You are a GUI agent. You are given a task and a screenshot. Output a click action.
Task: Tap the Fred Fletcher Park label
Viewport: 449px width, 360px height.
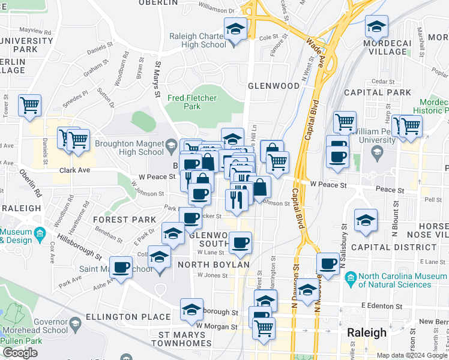[191, 102]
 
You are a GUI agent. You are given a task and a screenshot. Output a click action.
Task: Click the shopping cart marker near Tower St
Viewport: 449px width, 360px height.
[29, 106]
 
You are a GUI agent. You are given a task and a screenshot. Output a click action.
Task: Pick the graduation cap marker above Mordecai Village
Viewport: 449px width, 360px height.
[376, 26]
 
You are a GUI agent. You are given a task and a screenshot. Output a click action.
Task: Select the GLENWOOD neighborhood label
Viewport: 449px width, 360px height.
[273, 86]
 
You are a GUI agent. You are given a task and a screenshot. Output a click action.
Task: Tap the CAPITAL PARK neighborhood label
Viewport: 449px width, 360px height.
[378, 92]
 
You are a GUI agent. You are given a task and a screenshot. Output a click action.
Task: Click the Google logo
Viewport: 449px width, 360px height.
[20, 353]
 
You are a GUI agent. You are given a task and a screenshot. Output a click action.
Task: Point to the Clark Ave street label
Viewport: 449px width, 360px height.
[74, 170]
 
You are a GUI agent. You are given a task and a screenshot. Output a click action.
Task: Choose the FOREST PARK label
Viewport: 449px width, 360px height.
[124, 220]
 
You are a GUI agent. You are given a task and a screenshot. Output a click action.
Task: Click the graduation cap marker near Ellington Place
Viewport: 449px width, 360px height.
[192, 309]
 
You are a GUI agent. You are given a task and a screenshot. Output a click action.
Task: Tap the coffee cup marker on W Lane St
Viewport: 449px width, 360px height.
[240, 243]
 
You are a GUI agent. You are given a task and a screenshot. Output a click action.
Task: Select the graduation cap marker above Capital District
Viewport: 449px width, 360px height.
[365, 220]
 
